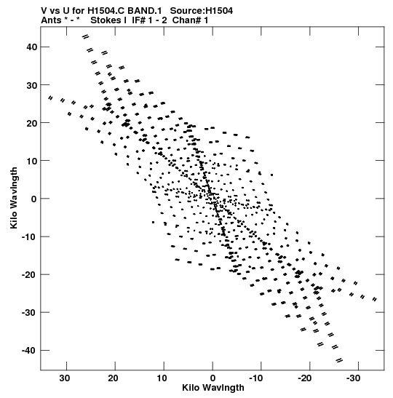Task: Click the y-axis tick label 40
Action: coord(31,47)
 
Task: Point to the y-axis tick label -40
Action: coord(29,350)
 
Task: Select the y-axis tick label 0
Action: coord(34,199)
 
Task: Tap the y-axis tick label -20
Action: coord(29,274)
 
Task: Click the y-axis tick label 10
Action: coord(31,161)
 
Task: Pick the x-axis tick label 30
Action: coord(65,378)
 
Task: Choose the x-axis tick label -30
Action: coord(354,378)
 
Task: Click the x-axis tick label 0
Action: coord(213,378)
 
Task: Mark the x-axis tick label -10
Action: coord(256,378)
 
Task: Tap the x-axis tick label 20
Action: coord(113,378)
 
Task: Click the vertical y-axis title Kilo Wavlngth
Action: coord(14,198)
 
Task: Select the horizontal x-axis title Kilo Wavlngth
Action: coord(213,388)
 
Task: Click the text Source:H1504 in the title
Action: coord(202,11)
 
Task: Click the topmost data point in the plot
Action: coord(86,37)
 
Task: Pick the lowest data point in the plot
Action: coord(339,360)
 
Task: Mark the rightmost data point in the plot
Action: coord(375,300)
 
